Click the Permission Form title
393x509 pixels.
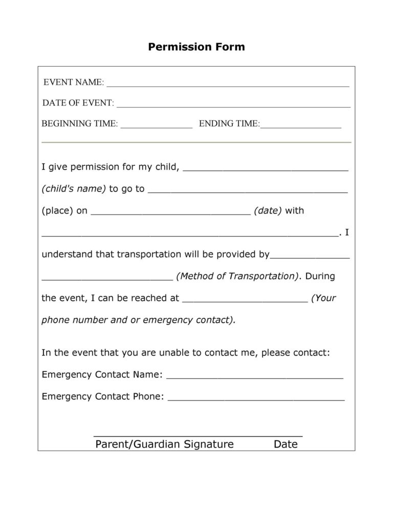(x=196, y=47)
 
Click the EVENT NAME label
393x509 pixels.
(x=73, y=82)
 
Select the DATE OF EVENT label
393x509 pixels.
(x=78, y=103)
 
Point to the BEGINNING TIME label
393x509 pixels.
(x=79, y=124)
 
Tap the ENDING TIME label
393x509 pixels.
(x=229, y=124)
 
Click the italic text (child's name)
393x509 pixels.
(x=73, y=189)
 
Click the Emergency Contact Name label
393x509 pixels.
(x=102, y=375)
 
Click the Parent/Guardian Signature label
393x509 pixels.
(x=164, y=444)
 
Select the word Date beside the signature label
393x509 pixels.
(x=286, y=444)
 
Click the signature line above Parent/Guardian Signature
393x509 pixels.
(x=198, y=435)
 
